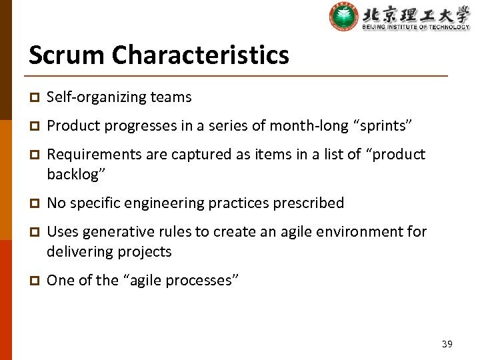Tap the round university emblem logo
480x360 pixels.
(x=343, y=16)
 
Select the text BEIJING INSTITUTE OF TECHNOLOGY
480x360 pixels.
(x=415, y=27)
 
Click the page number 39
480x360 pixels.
(x=447, y=344)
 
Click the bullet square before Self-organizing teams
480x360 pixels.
(x=33, y=98)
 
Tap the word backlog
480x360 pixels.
(x=75, y=175)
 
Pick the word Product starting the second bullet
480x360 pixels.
(x=71, y=126)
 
